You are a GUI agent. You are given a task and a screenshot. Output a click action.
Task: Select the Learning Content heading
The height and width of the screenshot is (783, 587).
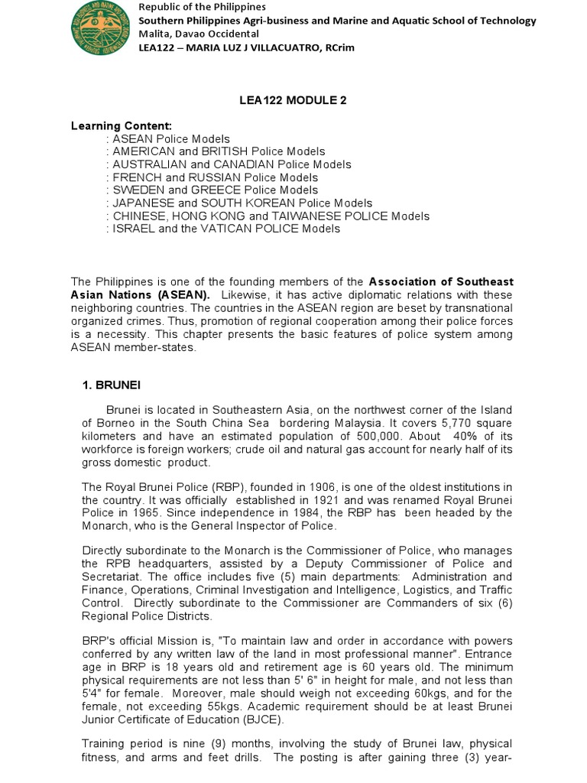pos(122,125)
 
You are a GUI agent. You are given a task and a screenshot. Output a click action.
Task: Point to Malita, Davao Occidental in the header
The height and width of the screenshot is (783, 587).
pos(198,34)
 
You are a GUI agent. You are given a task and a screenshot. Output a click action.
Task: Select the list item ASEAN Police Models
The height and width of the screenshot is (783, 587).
pos(171,138)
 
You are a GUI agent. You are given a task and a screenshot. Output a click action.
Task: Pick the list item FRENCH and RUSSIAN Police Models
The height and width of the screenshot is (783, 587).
pos(215,177)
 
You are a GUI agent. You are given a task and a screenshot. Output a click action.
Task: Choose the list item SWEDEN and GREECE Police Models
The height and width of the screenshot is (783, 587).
pos(216,190)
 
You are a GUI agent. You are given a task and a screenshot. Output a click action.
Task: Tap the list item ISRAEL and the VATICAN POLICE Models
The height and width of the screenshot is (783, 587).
pos(226,229)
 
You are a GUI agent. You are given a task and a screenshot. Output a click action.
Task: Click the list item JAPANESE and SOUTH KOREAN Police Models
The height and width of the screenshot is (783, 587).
pos(242,203)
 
